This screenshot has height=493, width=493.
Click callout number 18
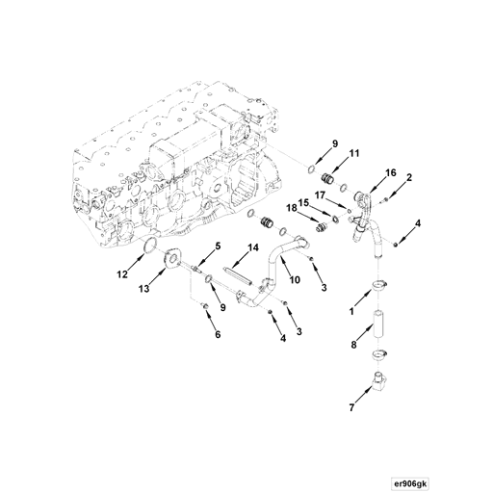pos(290,207)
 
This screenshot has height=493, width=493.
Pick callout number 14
pos(254,248)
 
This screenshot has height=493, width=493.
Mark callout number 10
pos(295,280)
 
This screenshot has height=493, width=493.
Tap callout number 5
pos(218,246)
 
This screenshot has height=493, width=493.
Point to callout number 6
pos(218,334)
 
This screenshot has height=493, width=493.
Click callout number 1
pos(352,313)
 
